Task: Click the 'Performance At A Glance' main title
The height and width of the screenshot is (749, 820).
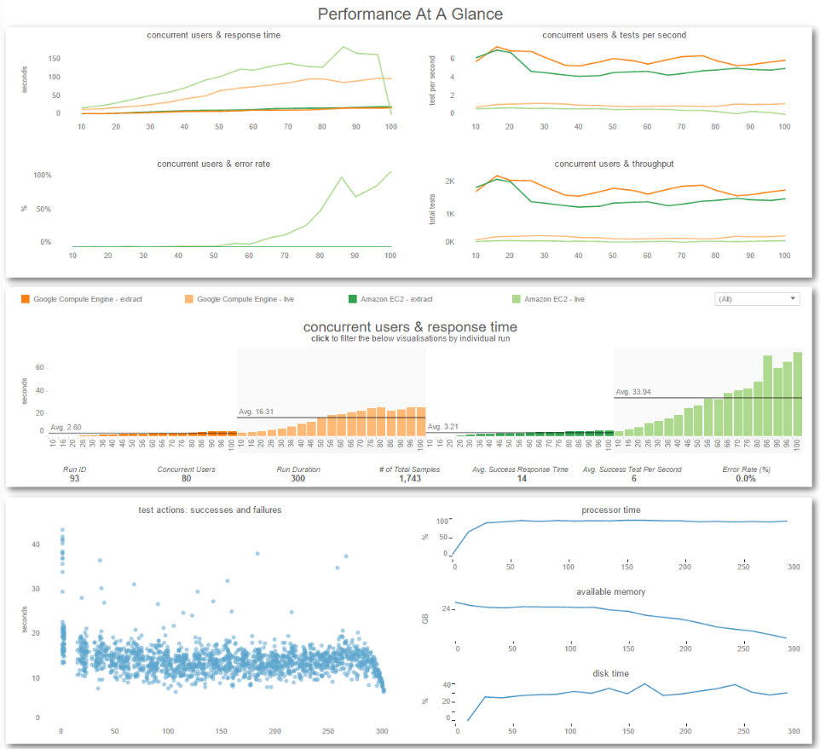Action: click(x=410, y=14)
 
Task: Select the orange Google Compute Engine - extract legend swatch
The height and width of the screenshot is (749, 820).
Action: click(x=25, y=299)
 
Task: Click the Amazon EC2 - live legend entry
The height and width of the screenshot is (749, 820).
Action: click(x=548, y=299)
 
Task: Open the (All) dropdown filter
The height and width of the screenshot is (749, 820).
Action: click(x=757, y=299)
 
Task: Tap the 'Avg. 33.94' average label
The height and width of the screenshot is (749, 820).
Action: click(x=632, y=392)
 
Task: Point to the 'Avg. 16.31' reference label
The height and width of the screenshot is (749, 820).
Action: click(x=256, y=412)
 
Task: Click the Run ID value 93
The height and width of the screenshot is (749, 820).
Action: click(x=74, y=478)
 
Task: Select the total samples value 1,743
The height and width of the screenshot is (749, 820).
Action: click(x=410, y=478)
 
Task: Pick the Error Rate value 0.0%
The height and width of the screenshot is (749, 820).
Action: click(x=746, y=478)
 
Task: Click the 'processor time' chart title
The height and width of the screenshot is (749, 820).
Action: click(x=611, y=510)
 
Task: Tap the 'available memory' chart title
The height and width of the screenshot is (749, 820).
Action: click(x=611, y=591)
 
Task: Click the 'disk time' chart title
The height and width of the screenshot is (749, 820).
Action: click(x=611, y=673)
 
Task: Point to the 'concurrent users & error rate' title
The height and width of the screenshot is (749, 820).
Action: click(x=213, y=164)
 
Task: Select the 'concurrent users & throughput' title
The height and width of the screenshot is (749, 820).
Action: click(x=614, y=164)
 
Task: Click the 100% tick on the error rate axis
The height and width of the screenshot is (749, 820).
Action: click(x=43, y=175)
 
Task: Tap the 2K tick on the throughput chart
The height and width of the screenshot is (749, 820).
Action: click(x=450, y=181)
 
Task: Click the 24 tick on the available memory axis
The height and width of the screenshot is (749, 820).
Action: click(x=446, y=609)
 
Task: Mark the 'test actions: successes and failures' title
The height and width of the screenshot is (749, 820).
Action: click(x=210, y=510)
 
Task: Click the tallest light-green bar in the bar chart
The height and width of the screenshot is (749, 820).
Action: click(x=798, y=395)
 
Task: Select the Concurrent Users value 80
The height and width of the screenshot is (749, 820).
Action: click(x=186, y=478)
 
